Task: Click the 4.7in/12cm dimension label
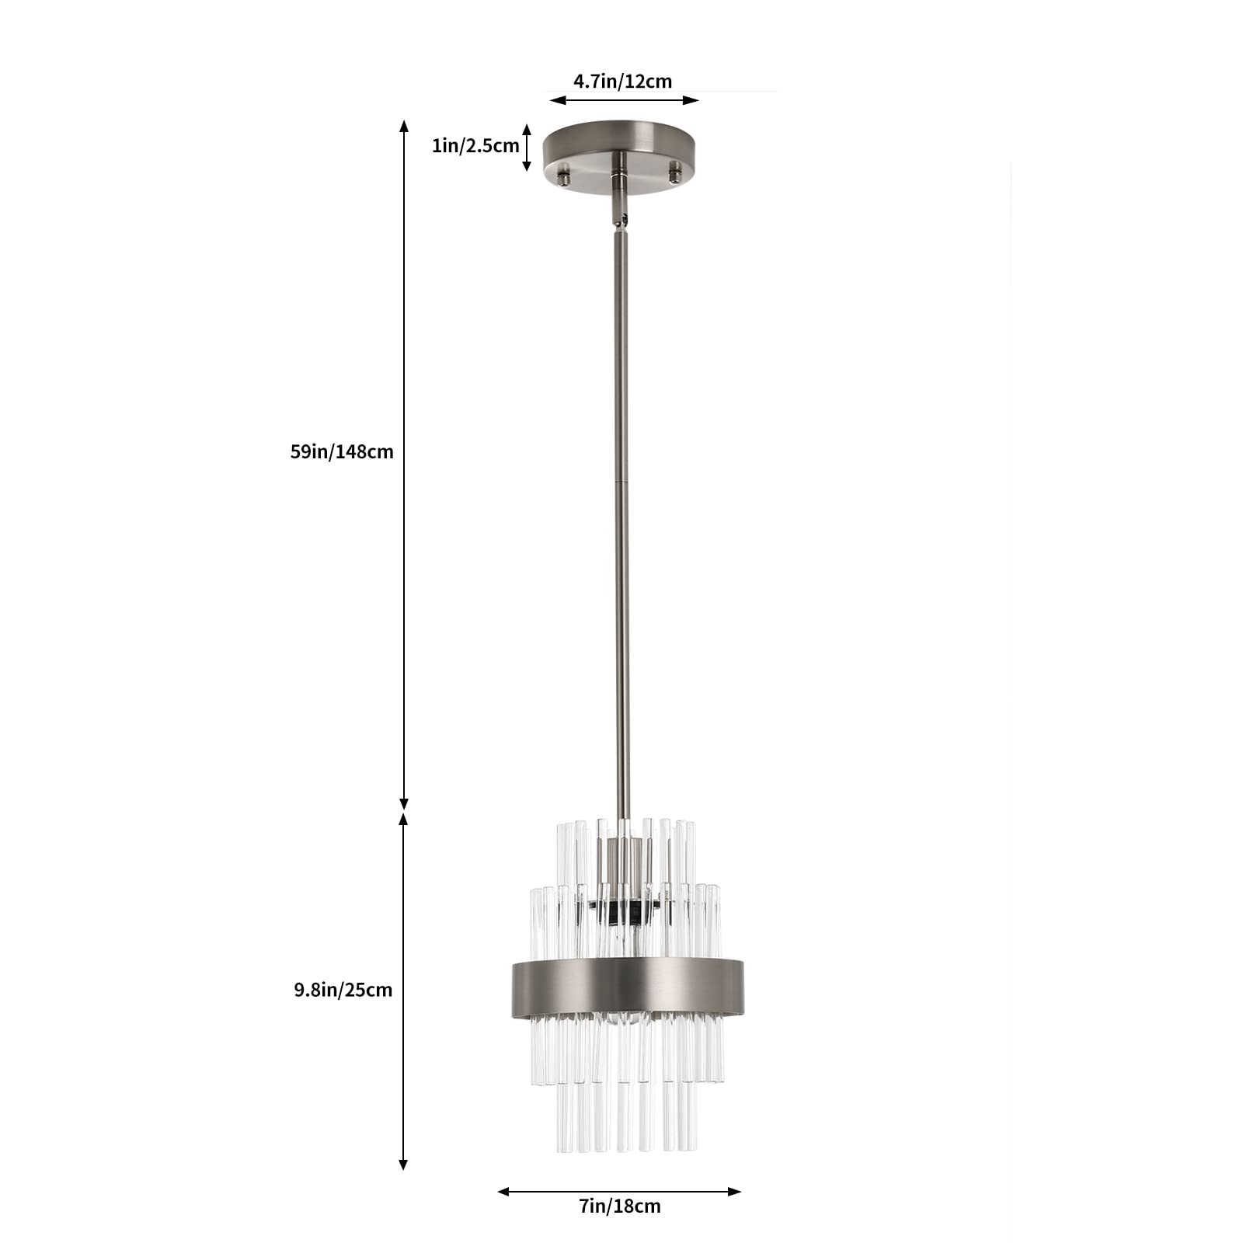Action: [622, 81]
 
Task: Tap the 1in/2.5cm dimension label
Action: [475, 145]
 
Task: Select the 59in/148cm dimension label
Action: [342, 451]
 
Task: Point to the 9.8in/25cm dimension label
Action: [343, 990]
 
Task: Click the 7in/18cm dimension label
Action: [620, 1227]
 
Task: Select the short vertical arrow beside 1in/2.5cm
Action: [527, 147]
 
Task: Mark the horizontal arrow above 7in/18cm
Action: [619, 1213]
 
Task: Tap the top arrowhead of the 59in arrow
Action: [404, 126]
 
